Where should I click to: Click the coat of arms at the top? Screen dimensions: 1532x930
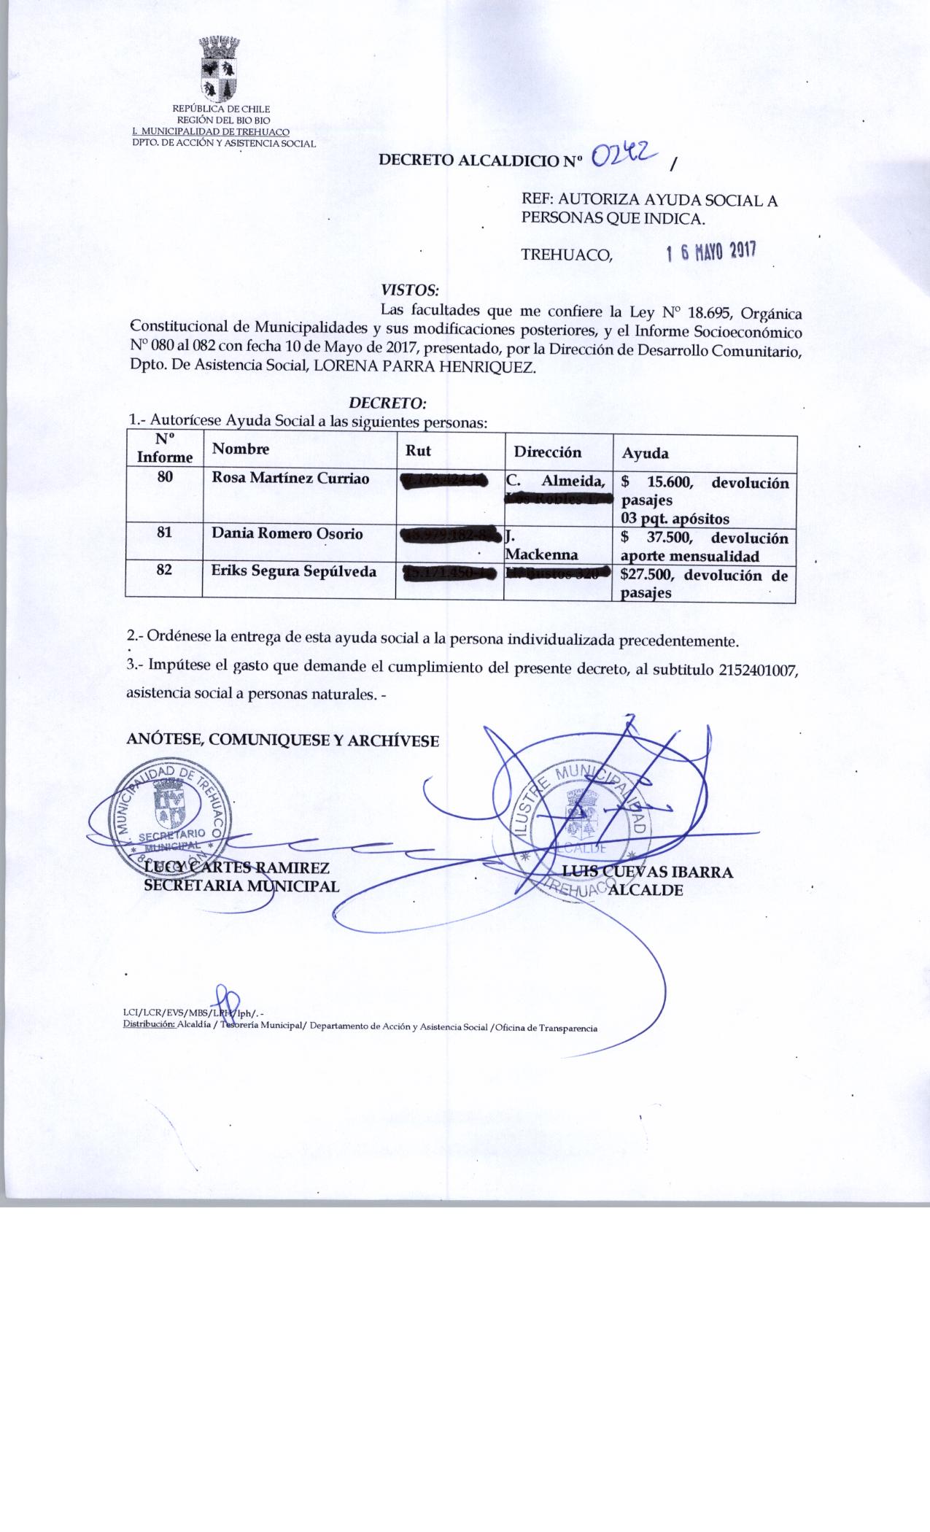(x=220, y=69)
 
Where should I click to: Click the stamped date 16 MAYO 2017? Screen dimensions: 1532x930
(x=711, y=252)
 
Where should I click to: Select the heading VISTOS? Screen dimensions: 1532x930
(x=410, y=289)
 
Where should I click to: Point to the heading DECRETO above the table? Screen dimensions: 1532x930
(x=387, y=403)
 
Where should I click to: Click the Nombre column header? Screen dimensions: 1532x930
(x=240, y=449)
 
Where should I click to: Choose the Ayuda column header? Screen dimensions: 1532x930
(x=645, y=453)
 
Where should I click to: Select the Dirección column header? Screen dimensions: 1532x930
(x=547, y=452)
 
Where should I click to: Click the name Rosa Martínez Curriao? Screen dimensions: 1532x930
(x=290, y=479)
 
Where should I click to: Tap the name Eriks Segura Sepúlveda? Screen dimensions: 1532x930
(x=293, y=571)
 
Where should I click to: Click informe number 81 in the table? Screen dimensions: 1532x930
(x=165, y=533)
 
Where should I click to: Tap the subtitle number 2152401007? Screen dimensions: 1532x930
(x=756, y=670)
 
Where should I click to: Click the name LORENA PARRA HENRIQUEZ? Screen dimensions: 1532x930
(x=424, y=368)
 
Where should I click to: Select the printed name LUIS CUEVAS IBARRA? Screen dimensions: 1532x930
(x=647, y=872)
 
